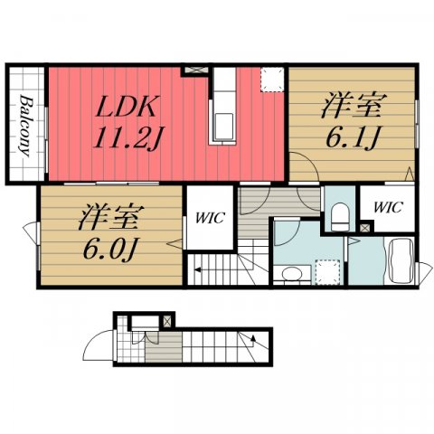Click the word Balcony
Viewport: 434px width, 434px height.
(x=25, y=126)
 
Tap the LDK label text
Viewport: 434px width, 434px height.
(x=127, y=106)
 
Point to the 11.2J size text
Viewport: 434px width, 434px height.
(x=127, y=137)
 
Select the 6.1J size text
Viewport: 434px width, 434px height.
(x=353, y=137)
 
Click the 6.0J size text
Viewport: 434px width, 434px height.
(x=109, y=249)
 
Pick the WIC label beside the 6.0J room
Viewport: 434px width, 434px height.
(x=210, y=218)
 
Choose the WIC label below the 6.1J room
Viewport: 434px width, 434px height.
(x=388, y=207)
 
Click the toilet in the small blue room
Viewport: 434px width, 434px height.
(x=340, y=216)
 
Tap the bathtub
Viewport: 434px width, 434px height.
(x=401, y=260)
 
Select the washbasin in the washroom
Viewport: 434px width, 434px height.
(x=292, y=274)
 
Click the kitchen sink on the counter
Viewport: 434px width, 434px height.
(x=224, y=127)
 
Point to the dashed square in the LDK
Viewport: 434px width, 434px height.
(x=272, y=80)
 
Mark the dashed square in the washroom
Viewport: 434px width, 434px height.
(x=327, y=272)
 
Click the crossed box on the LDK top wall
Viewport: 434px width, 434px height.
(x=196, y=70)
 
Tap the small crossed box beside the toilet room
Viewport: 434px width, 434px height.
(x=365, y=228)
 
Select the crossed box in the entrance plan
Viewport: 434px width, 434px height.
(x=167, y=321)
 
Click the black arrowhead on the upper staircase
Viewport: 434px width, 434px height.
(x=198, y=269)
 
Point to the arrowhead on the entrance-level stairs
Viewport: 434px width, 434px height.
(x=253, y=338)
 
